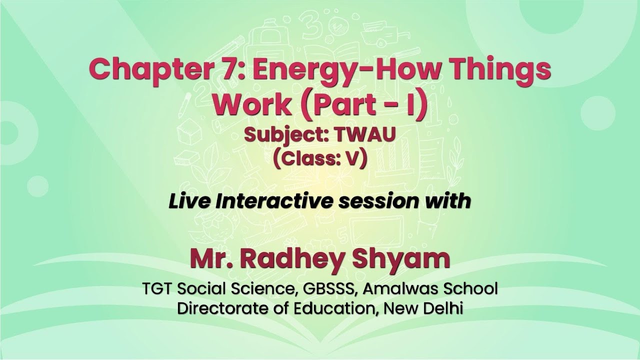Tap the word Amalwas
[405, 289]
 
